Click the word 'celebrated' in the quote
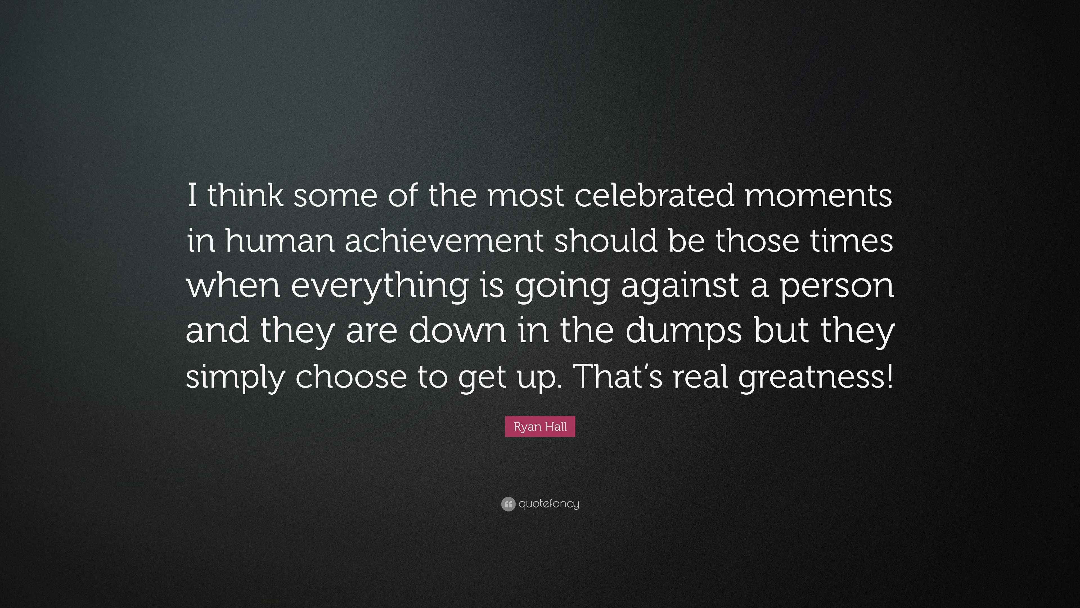tap(654, 196)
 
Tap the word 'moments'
tap(818, 196)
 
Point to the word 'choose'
tap(351, 376)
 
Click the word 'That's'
tap(620, 376)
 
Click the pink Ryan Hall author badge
tap(540, 427)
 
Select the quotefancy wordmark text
tap(549, 504)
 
